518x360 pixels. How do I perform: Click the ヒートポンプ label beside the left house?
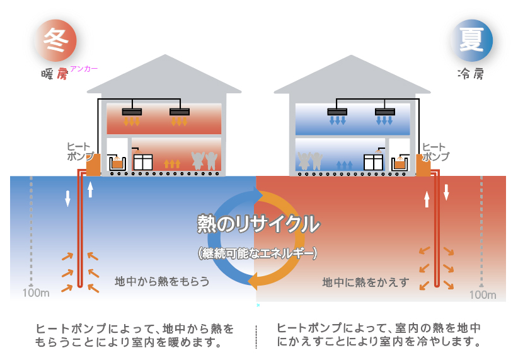point(80,152)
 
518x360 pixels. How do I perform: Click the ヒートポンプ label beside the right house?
point(436,152)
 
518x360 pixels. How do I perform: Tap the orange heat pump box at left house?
point(93,165)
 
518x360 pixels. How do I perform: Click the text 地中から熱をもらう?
point(162,281)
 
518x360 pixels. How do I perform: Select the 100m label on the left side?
point(35,293)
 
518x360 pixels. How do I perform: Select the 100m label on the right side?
point(482,294)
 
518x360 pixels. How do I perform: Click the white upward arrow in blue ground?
point(90,189)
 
